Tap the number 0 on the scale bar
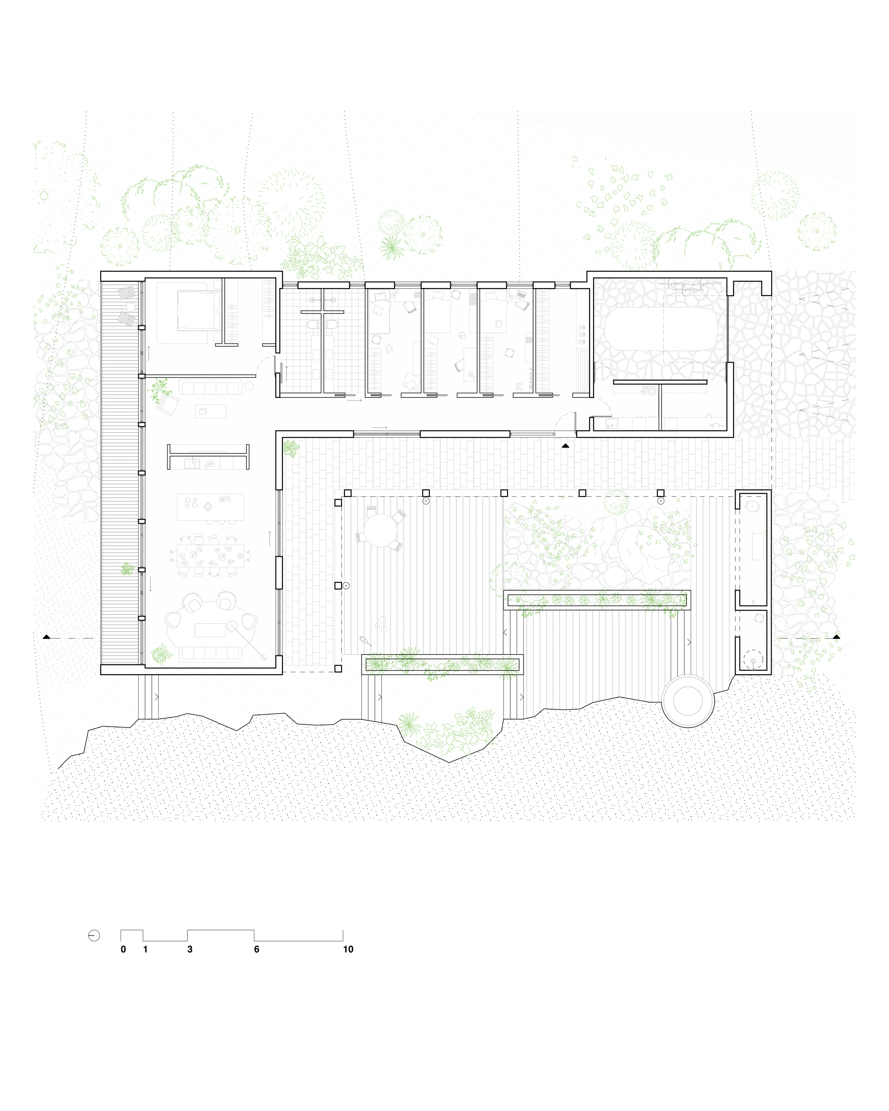pos(123,949)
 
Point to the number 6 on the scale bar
pos(257,949)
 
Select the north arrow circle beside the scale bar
pos(94,936)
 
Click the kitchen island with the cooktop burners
pos(210,507)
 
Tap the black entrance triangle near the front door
pos(565,446)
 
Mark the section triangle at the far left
pos(46,637)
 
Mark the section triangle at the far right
pos(836,637)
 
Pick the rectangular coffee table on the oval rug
pos(210,630)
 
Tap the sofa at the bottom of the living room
pos(210,654)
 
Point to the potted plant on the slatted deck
pos(127,569)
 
